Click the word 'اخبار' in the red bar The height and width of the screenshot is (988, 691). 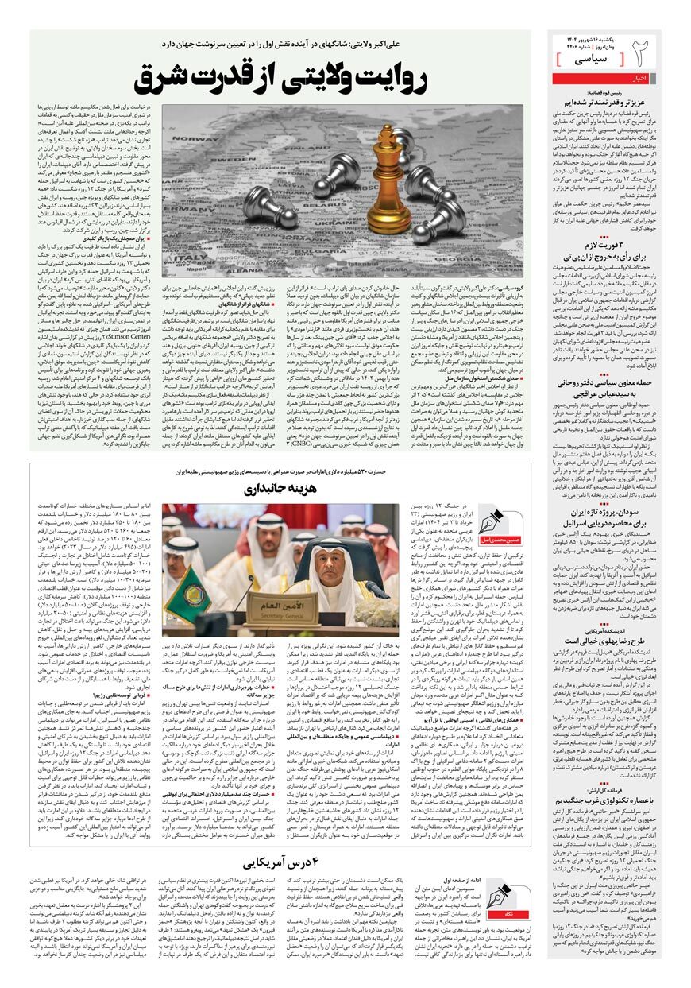point(641,78)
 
